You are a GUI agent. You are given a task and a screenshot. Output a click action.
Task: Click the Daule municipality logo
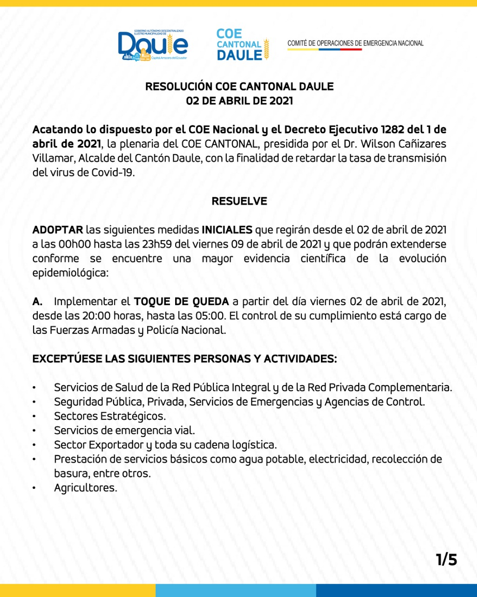tap(153, 45)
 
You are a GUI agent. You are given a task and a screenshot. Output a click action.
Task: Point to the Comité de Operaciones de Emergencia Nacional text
tap(355, 43)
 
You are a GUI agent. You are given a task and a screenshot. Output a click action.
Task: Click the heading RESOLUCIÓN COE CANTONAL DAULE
tap(239, 87)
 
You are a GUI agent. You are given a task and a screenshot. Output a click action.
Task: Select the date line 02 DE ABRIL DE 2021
tap(239, 101)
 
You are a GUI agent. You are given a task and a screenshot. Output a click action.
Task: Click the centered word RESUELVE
tap(239, 201)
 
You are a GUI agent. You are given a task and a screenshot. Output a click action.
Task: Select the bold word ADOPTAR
tap(58, 230)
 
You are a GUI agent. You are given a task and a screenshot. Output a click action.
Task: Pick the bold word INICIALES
tap(227, 230)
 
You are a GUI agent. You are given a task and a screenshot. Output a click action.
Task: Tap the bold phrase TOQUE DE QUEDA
tap(181, 301)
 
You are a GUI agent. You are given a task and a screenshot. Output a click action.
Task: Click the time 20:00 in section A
tap(96, 316)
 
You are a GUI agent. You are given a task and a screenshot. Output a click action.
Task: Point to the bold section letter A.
tap(37, 301)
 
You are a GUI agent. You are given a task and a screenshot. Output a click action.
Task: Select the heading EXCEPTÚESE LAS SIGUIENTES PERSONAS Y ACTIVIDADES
tap(184, 359)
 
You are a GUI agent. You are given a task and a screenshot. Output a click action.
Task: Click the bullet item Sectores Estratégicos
tap(110, 416)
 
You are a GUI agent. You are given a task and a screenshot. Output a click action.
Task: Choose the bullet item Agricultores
tap(86, 488)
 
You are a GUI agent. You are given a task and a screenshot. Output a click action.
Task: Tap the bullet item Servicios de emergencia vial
tap(124, 430)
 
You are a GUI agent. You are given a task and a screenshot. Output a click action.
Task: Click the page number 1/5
tap(446, 559)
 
